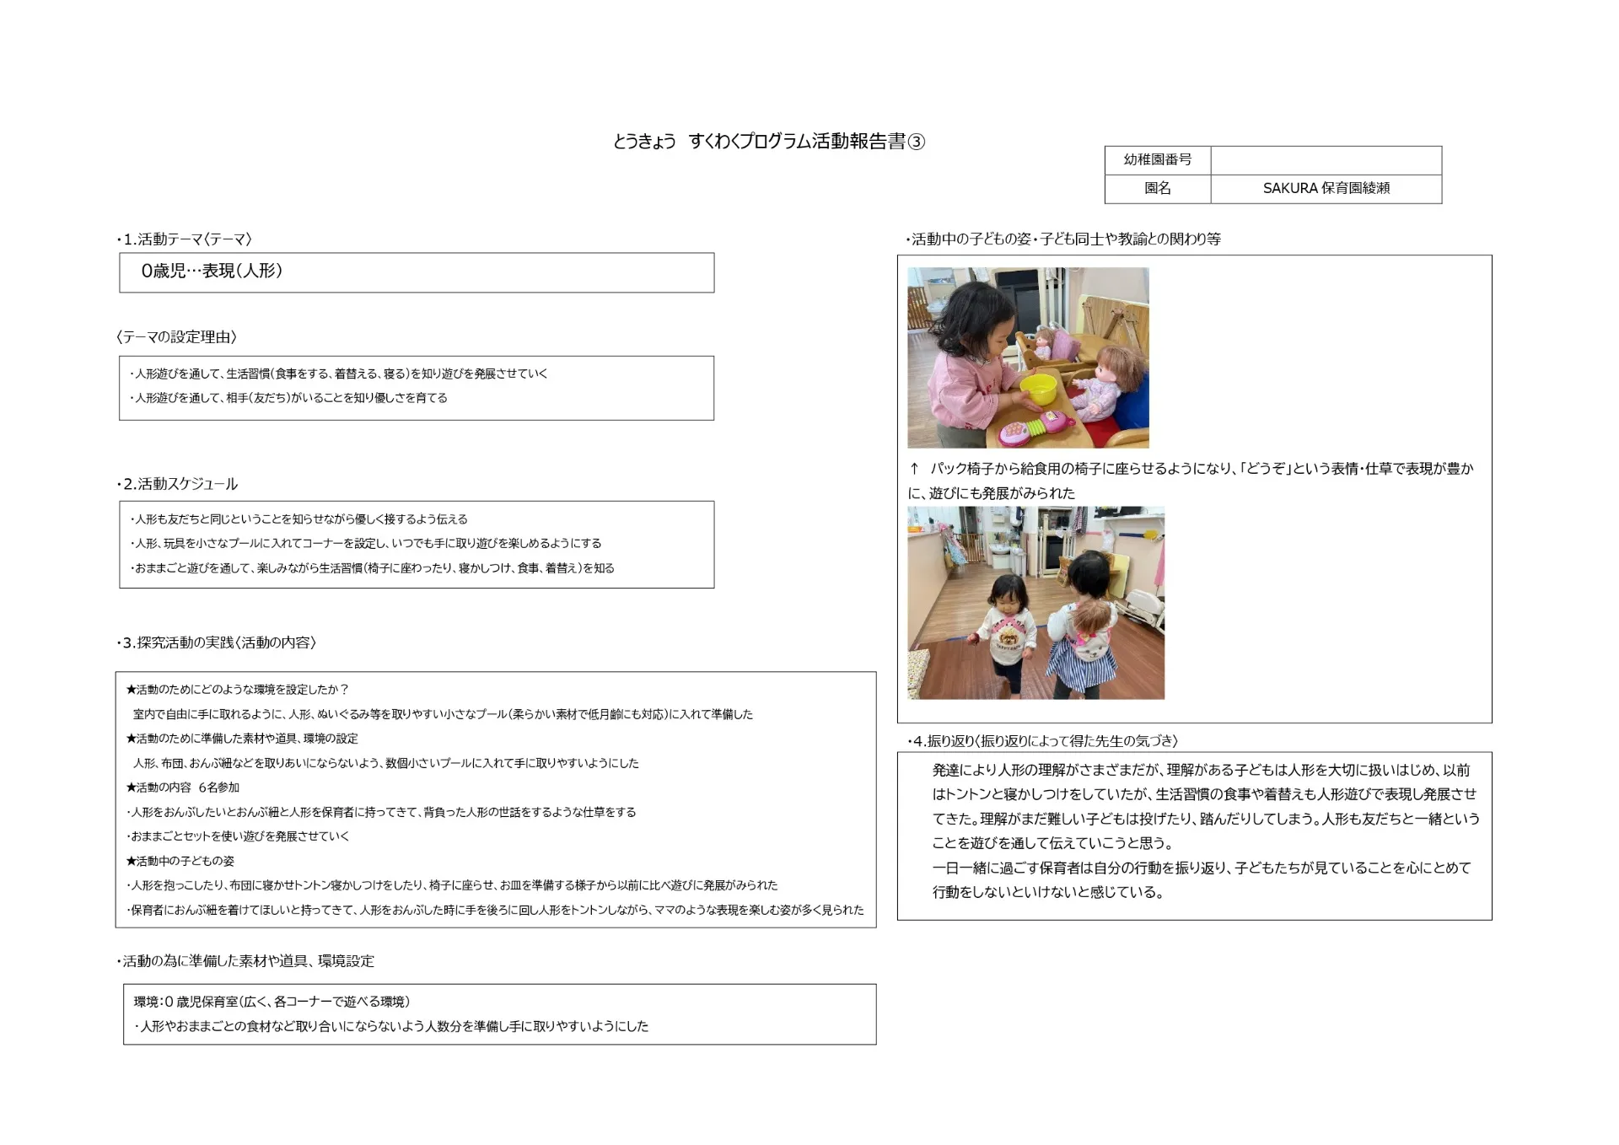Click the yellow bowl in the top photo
click(1038, 389)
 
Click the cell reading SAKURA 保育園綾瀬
click(1326, 188)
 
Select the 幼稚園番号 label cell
click(1157, 159)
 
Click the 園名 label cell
click(1157, 188)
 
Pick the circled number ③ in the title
click(916, 142)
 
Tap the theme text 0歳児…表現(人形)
click(212, 271)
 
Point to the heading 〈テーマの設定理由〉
click(176, 337)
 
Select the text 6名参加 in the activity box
click(219, 788)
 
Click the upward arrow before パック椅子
click(914, 469)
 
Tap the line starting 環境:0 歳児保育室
click(272, 1002)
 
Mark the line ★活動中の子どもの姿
click(180, 861)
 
